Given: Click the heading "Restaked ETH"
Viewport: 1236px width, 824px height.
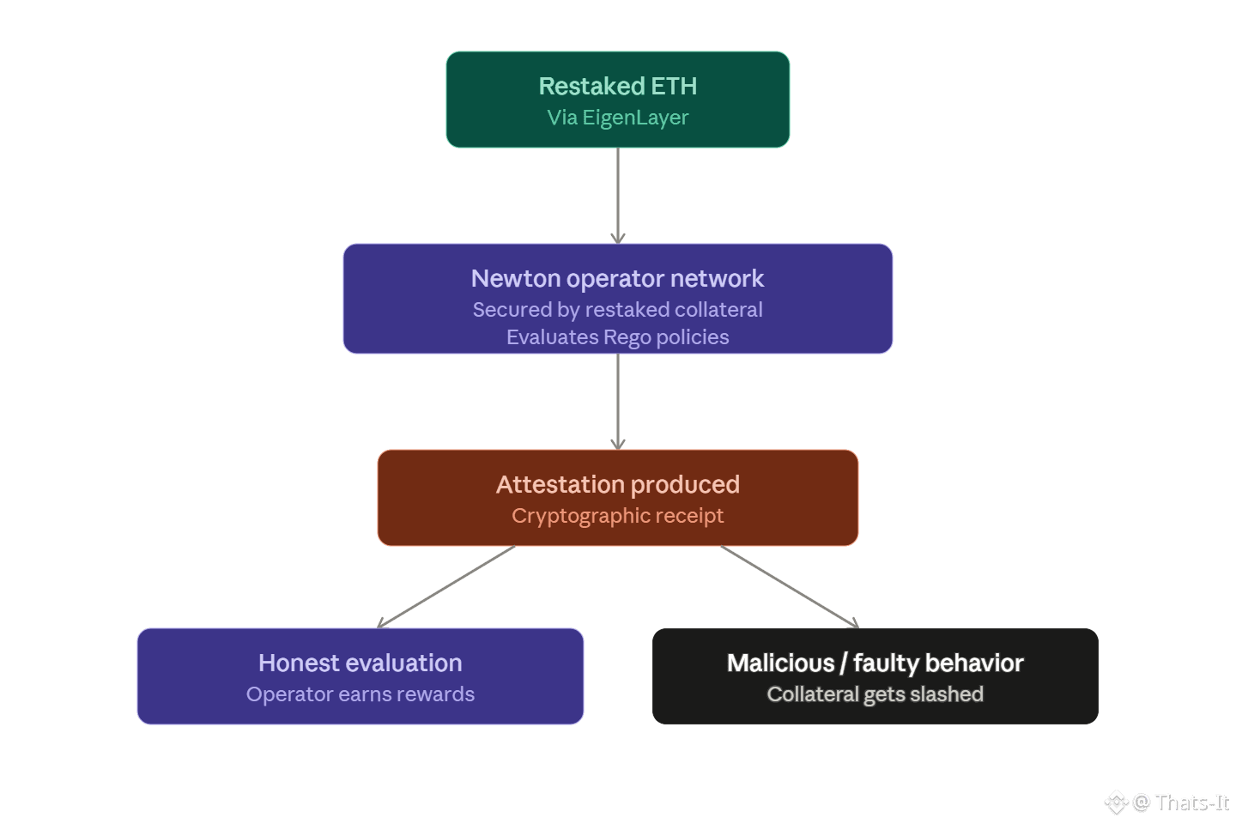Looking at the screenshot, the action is point(617,86).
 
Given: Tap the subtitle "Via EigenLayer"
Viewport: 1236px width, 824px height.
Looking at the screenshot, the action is point(617,118).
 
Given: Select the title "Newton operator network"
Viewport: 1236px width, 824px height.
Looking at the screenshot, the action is point(617,278).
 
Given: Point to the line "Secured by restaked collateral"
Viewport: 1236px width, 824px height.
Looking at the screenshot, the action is point(617,310).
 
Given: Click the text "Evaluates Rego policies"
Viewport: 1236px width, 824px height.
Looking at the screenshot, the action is point(617,337).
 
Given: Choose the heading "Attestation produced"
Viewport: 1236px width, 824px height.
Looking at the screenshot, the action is point(617,485).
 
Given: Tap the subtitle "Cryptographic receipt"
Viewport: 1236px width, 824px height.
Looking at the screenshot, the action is point(617,516).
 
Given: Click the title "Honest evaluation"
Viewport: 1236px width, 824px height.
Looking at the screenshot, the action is point(360,663).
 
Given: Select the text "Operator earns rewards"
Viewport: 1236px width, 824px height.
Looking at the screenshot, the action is point(360,694).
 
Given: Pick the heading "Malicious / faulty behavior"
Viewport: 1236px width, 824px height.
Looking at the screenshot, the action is point(875,663).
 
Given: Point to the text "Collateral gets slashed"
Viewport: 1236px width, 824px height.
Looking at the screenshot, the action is point(875,694).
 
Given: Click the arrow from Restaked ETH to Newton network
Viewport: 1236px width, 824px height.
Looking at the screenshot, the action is point(618,196).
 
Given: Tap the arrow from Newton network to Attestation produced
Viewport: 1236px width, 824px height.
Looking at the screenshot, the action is point(618,401).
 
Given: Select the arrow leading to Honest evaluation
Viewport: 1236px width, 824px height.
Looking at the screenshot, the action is point(445,587).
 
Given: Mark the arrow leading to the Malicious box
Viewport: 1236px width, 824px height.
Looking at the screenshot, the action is point(791,587).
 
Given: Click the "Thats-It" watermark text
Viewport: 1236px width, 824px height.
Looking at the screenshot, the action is point(1192,803).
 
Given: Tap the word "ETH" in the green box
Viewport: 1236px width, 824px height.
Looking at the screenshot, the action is point(674,86).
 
